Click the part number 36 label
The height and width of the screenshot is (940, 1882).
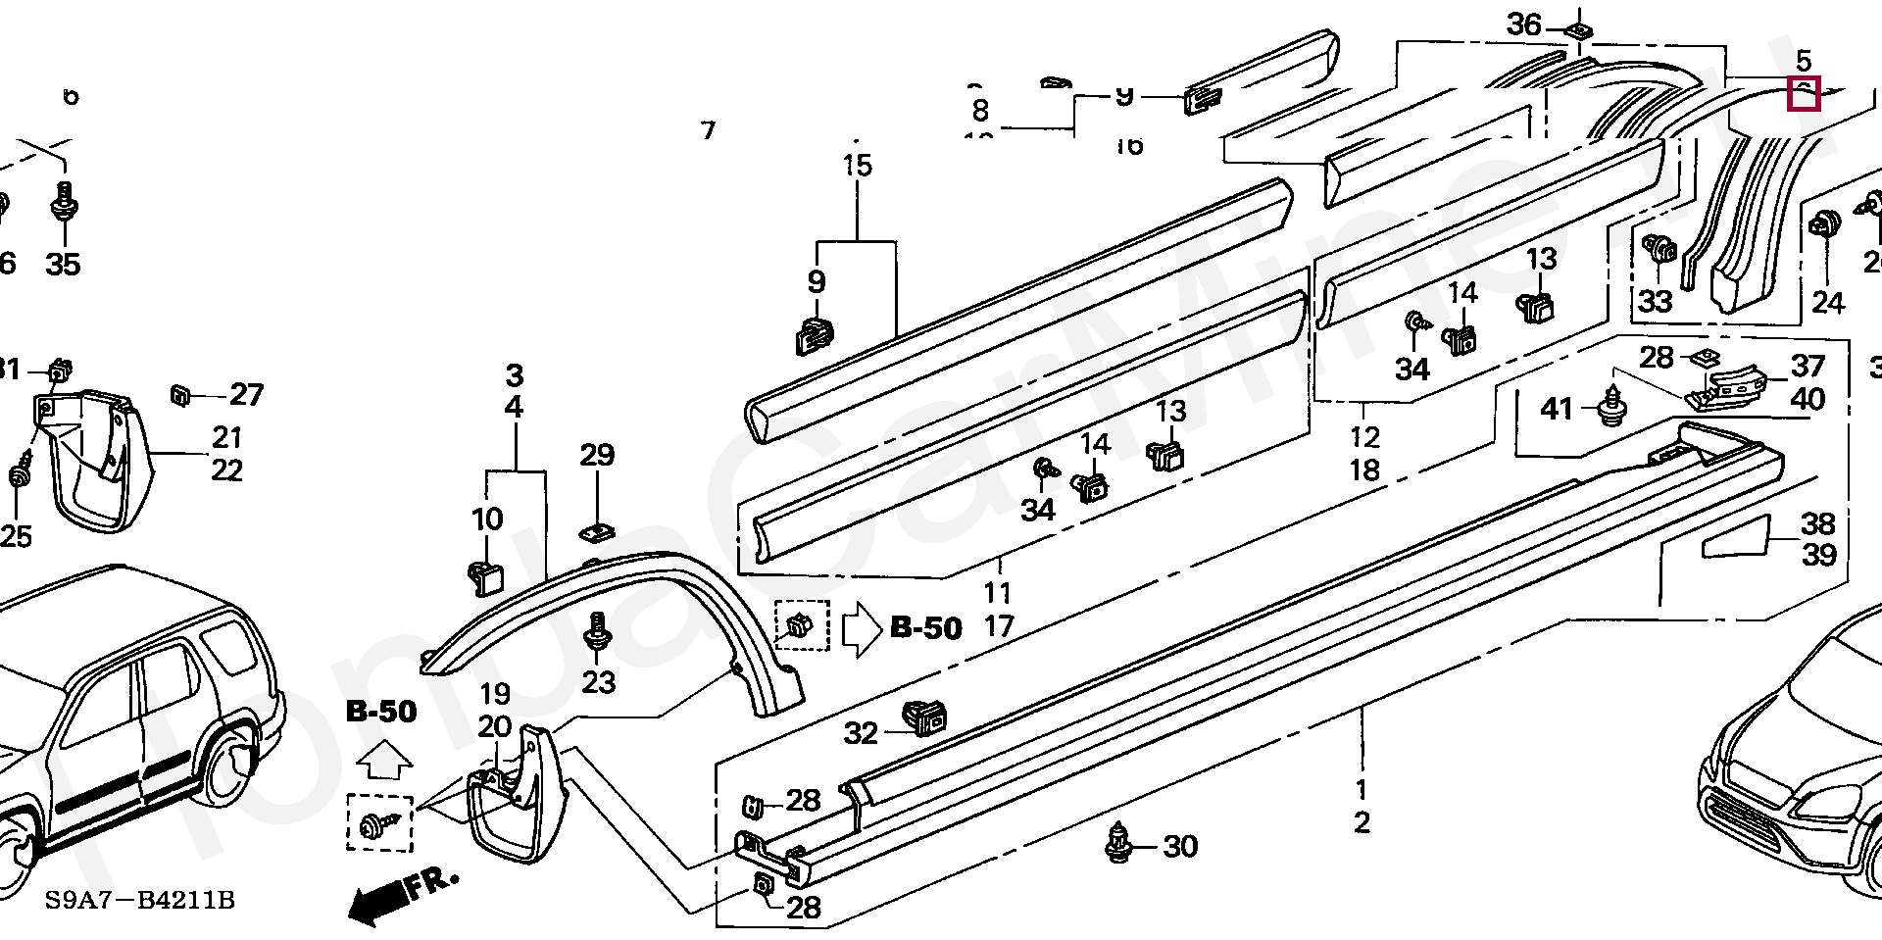1523,25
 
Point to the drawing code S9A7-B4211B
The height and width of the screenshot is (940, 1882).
139,900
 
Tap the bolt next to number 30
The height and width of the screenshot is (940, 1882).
1119,844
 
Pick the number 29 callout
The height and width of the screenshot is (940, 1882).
596,455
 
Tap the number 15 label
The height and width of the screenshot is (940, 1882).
857,165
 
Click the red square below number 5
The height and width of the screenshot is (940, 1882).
1804,94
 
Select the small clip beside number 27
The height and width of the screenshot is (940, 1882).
181,394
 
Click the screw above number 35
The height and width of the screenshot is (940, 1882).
65,203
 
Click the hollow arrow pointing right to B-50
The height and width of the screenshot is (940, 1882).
862,627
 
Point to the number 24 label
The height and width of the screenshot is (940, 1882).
1827,302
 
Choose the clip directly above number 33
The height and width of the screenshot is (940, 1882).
1658,251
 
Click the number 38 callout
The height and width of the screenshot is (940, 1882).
1818,522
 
